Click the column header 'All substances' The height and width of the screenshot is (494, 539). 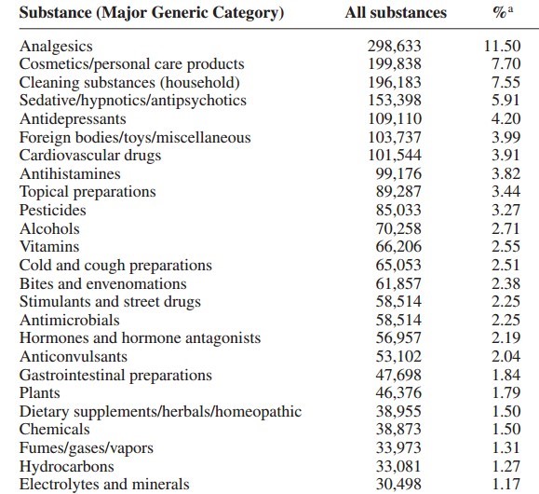396,13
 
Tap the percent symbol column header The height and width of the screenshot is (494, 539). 503,13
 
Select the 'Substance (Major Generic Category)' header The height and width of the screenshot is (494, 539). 152,13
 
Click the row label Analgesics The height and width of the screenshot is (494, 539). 56,47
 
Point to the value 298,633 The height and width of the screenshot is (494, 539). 395,46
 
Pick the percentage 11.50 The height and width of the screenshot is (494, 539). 502,46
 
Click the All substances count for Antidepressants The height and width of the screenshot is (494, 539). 395,118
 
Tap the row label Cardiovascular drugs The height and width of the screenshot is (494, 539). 90,156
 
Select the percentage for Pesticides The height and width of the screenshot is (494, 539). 506,210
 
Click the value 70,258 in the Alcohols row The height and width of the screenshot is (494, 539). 398,228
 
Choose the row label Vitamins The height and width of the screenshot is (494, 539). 49,246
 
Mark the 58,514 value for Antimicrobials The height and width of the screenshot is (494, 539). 398,320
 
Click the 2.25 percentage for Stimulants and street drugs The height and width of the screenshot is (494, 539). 506,302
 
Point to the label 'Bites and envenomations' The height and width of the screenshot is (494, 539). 103,283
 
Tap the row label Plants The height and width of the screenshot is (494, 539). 40,392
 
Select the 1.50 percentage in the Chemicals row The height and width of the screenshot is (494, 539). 506,430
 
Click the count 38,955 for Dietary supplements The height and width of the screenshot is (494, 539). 398,411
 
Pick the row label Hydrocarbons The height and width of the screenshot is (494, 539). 67,466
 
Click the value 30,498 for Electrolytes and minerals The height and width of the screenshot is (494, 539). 398,485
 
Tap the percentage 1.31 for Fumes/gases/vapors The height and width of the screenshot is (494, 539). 506,448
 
